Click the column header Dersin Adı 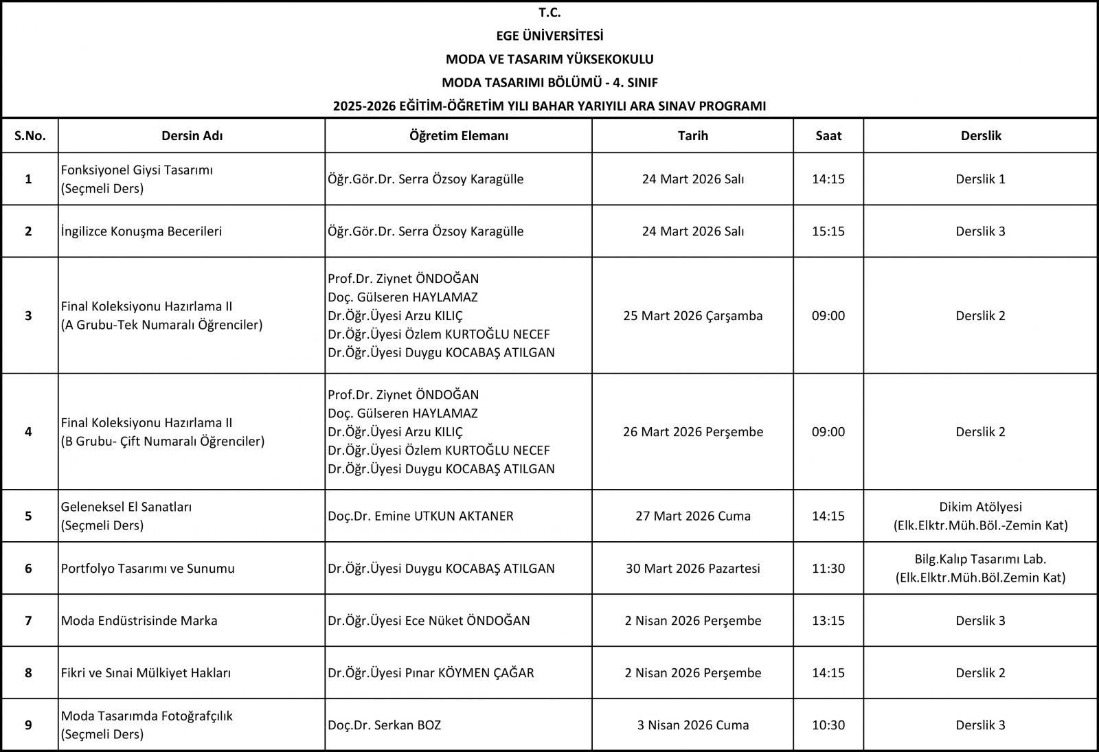pos(192,136)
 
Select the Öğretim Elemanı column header pos(458,136)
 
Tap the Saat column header pos(828,136)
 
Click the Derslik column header pos(980,136)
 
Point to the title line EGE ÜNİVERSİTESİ pos(549,36)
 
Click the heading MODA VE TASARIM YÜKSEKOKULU pos(549,59)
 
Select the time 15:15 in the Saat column pos(828,231)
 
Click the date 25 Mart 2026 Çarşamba pos(692,316)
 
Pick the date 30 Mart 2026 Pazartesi pos(692,569)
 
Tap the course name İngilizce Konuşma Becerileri pos(141,231)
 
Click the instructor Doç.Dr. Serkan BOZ pos(385,725)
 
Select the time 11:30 pos(828,569)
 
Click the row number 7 pos(29,621)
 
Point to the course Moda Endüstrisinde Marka pos(139,621)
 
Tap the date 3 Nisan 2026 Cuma pos(692,725)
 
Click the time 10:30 pos(828,725)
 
